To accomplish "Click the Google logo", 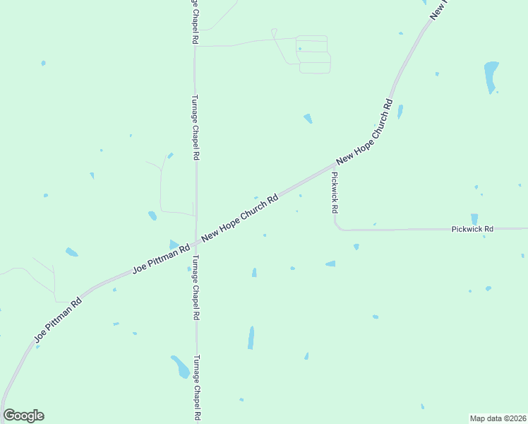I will pyautogui.click(x=23, y=416).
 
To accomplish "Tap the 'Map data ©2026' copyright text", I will pyautogui.click(x=498, y=418).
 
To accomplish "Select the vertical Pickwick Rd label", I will pyautogui.click(x=335, y=193).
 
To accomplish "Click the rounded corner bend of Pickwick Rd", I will pyautogui.click(x=337, y=227).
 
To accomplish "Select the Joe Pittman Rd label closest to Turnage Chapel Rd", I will pyautogui.click(x=162, y=259).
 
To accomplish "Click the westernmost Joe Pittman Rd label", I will pyautogui.click(x=59, y=321).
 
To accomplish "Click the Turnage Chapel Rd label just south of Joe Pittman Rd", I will pyautogui.click(x=196, y=288).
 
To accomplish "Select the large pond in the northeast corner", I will pyautogui.click(x=491, y=76).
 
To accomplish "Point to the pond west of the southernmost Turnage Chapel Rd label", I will pyautogui.click(x=180, y=366).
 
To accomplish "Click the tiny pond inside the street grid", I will pyautogui.click(x=300, y=49).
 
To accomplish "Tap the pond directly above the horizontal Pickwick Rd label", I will pyautogui.click(x=474, y=218).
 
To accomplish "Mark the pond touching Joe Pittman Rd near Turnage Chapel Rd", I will pyautogui.click(x=174, y=245).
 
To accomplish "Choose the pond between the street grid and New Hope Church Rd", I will pyautogui.click(x=308, y=118).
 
